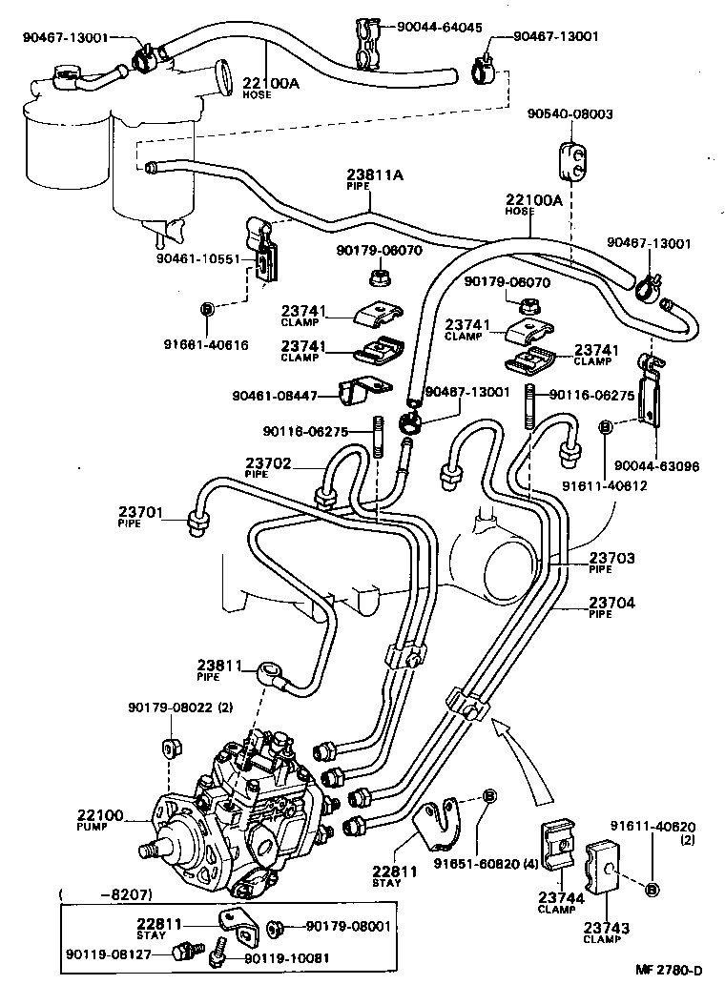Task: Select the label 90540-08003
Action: click(x=570, y=113)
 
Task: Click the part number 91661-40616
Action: click(x=206, y=344)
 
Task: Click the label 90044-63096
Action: click(x=657, y=466)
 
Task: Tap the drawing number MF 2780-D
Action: click(x=670, y=971)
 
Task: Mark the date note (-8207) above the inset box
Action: click(x=95, y=896)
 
